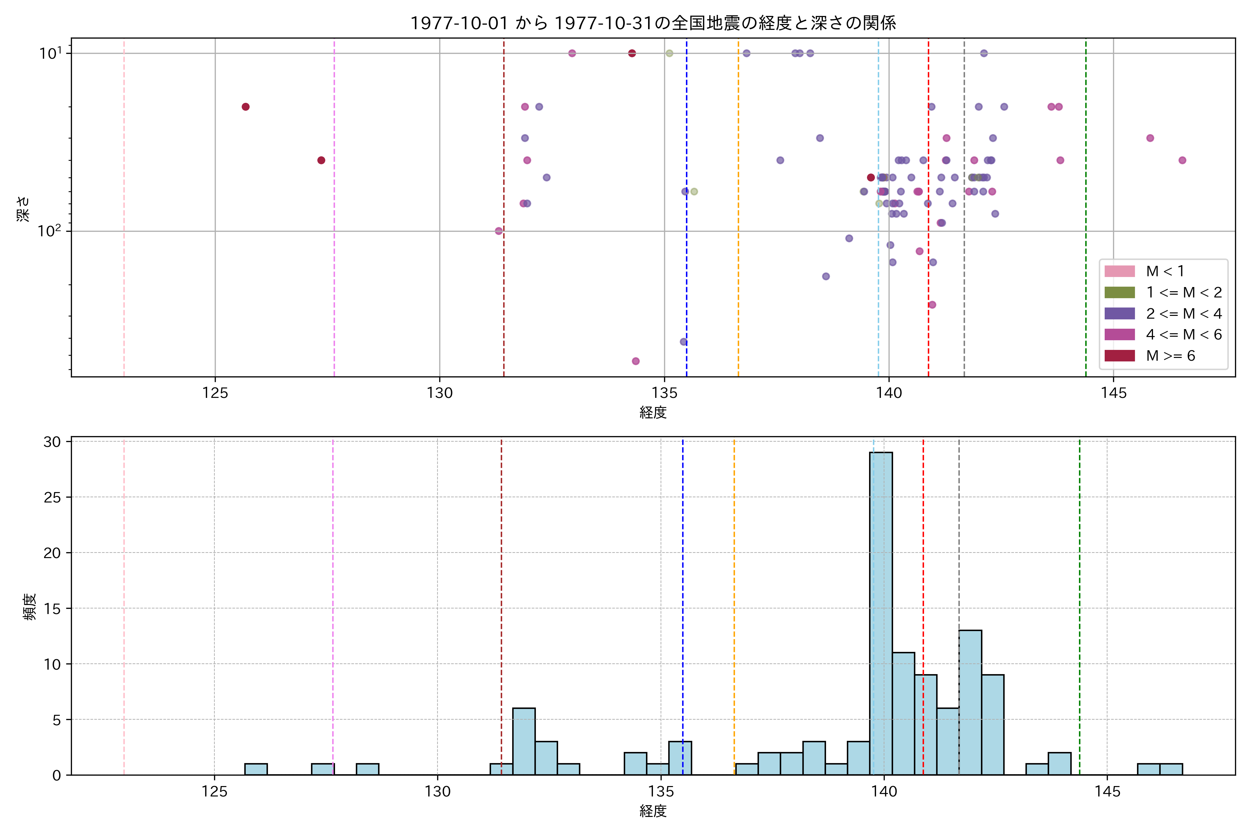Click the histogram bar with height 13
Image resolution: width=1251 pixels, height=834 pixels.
point(970,702)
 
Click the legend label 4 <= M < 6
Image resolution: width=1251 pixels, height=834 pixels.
point(1184,335)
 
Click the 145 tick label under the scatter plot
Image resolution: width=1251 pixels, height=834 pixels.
point(1113,393)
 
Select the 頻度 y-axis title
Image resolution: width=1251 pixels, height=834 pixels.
point(30,607)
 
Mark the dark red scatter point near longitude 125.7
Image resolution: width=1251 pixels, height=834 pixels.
point(246,107)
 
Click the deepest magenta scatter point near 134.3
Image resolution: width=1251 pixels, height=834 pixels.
point(636,361)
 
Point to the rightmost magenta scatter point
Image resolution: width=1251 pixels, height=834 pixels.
point(1182,160)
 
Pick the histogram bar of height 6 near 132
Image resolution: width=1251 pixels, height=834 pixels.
point(524,742)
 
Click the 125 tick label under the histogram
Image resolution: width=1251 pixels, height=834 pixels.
point(214,792)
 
